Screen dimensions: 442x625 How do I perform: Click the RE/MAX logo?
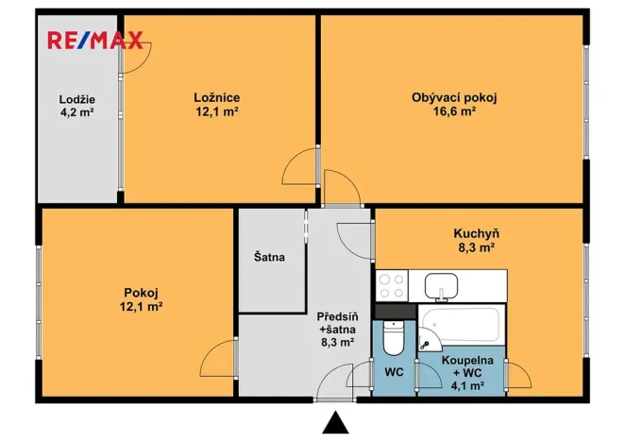pos(96,40)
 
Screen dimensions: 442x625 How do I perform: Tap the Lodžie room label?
pos(77,99)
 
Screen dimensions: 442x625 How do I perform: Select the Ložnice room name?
pos(216,96)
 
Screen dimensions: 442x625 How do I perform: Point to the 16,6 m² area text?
pos(455,110)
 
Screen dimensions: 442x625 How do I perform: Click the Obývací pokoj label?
pos(454,96)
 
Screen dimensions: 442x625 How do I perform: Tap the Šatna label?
pos(269,256)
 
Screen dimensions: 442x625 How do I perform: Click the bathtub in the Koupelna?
pos(464,323)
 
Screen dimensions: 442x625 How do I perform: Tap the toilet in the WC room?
pos(395,334)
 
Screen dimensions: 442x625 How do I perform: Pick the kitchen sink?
pos(441,284)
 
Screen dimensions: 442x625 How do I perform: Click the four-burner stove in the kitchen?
pos(394,284)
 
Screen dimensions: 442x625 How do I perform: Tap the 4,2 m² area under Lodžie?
pos(77,112)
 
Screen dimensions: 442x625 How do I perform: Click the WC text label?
pos(394,371)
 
